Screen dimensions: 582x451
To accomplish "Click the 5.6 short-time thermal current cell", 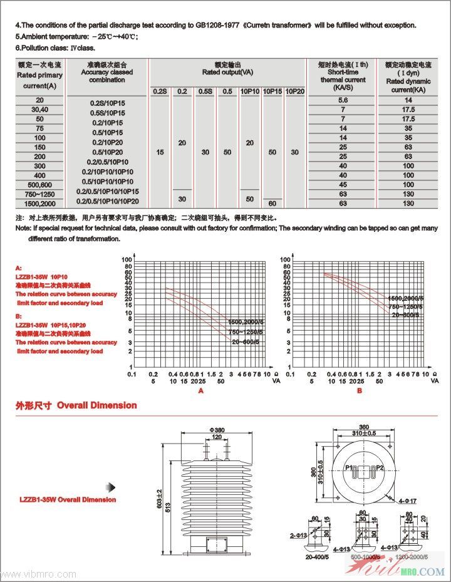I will click(343, 100).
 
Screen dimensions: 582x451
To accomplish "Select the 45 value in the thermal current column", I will click(343, 185).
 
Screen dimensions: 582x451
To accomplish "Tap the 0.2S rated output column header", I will click(160, 91).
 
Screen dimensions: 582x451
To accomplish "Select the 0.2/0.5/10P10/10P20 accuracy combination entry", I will click(108, 201).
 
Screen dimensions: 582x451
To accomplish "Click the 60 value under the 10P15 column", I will click(272, 204).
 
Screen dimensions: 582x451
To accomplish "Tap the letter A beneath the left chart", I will click(201, 390).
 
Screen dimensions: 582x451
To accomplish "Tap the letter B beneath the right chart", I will click(360, 390).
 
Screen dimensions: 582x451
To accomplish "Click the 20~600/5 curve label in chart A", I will click(246, 342).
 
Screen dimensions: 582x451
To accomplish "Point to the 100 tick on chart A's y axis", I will click(127, 259).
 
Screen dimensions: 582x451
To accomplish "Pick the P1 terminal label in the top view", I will click(349, 467).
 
